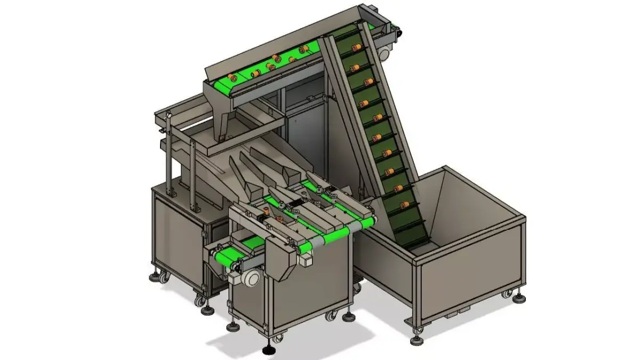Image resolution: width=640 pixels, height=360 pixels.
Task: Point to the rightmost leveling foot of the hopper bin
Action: [520, 295]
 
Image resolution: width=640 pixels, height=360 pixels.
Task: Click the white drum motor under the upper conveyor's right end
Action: [385, 52]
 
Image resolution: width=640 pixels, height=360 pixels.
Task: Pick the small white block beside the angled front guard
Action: [306, 261]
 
